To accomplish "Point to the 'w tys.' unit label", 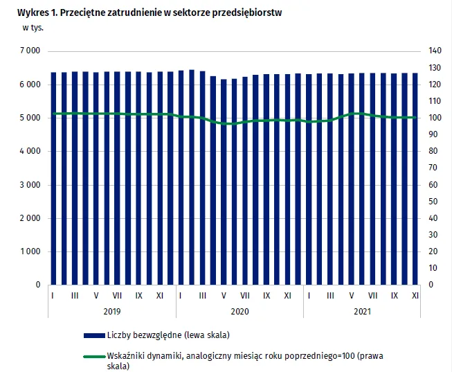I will click(x=32, y=28).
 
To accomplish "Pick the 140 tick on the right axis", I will click(x=435, y=51).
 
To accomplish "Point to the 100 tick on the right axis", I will click(x=435, y=118).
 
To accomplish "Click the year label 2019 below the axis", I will click(x=111, y=312).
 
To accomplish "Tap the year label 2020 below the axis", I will click(x=239, y=312).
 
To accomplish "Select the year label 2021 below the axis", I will click(x=361, y=312).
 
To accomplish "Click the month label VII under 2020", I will click(x=245, y=296).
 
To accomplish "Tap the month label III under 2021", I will click(x=330, y=296).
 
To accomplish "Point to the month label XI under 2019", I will click(x=160, y=296).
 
